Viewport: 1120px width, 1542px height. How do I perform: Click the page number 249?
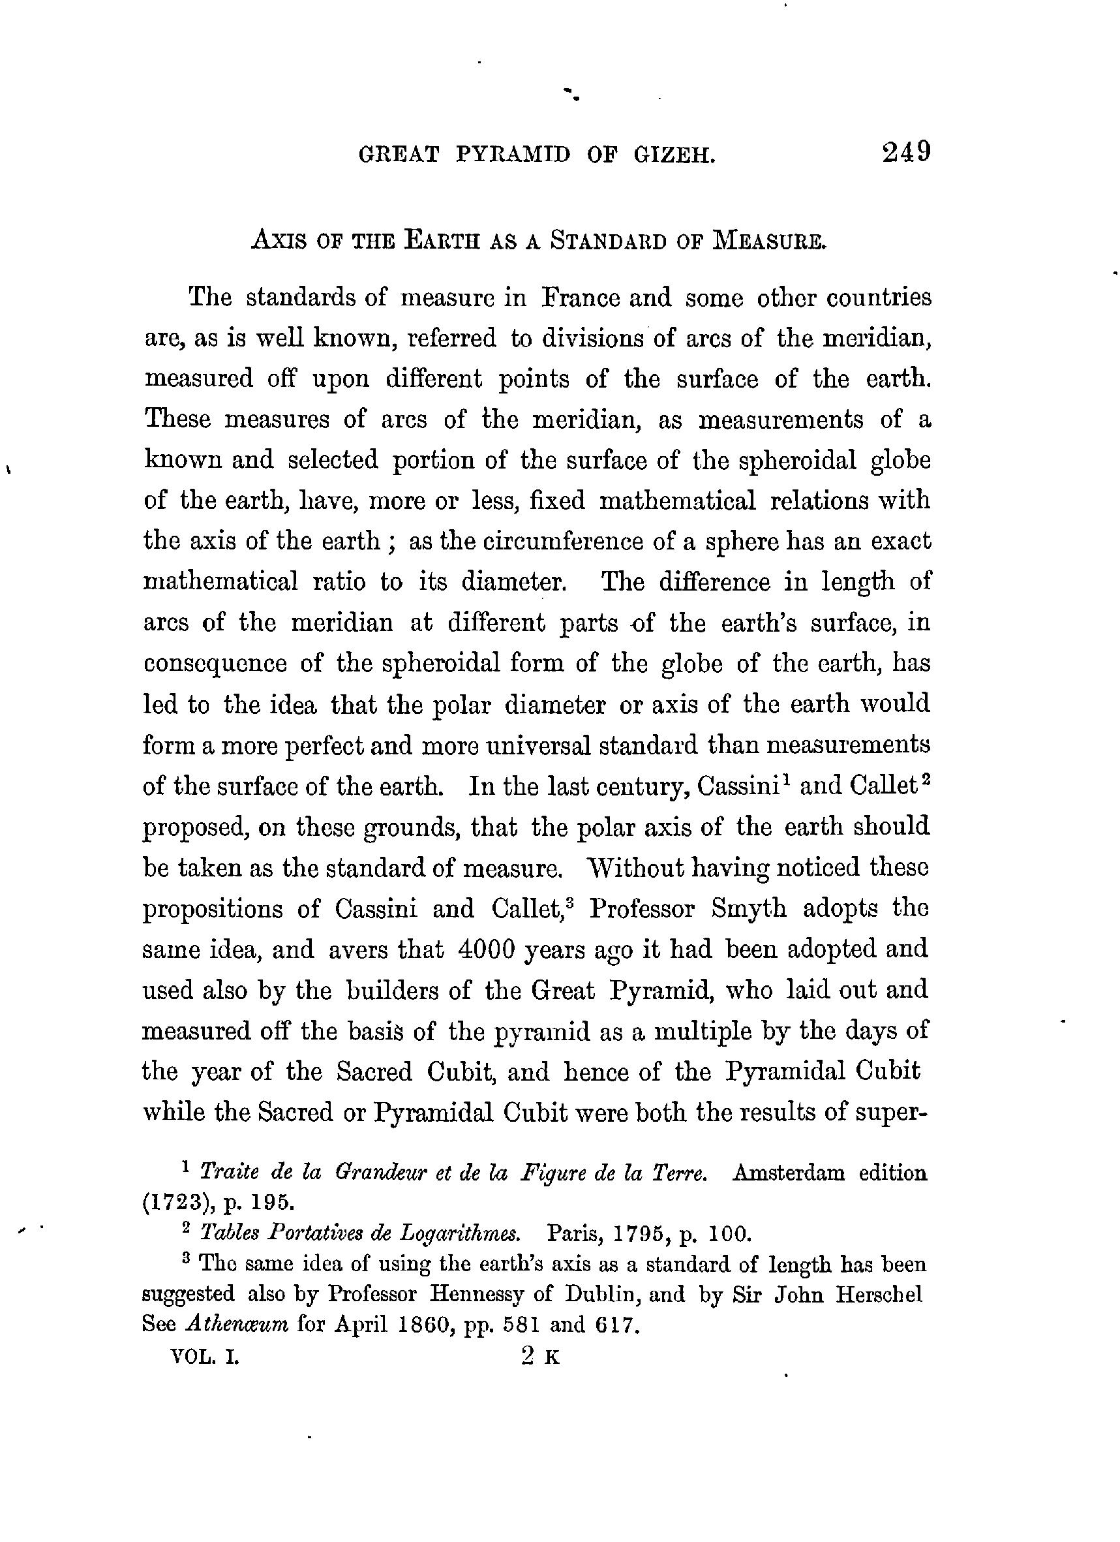tap(906, 151)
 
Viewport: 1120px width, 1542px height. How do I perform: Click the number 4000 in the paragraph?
tap(487, 948)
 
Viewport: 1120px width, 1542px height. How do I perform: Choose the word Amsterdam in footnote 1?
tap(789, 1173)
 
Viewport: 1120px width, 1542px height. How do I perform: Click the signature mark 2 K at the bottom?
tap(540, 1357)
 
